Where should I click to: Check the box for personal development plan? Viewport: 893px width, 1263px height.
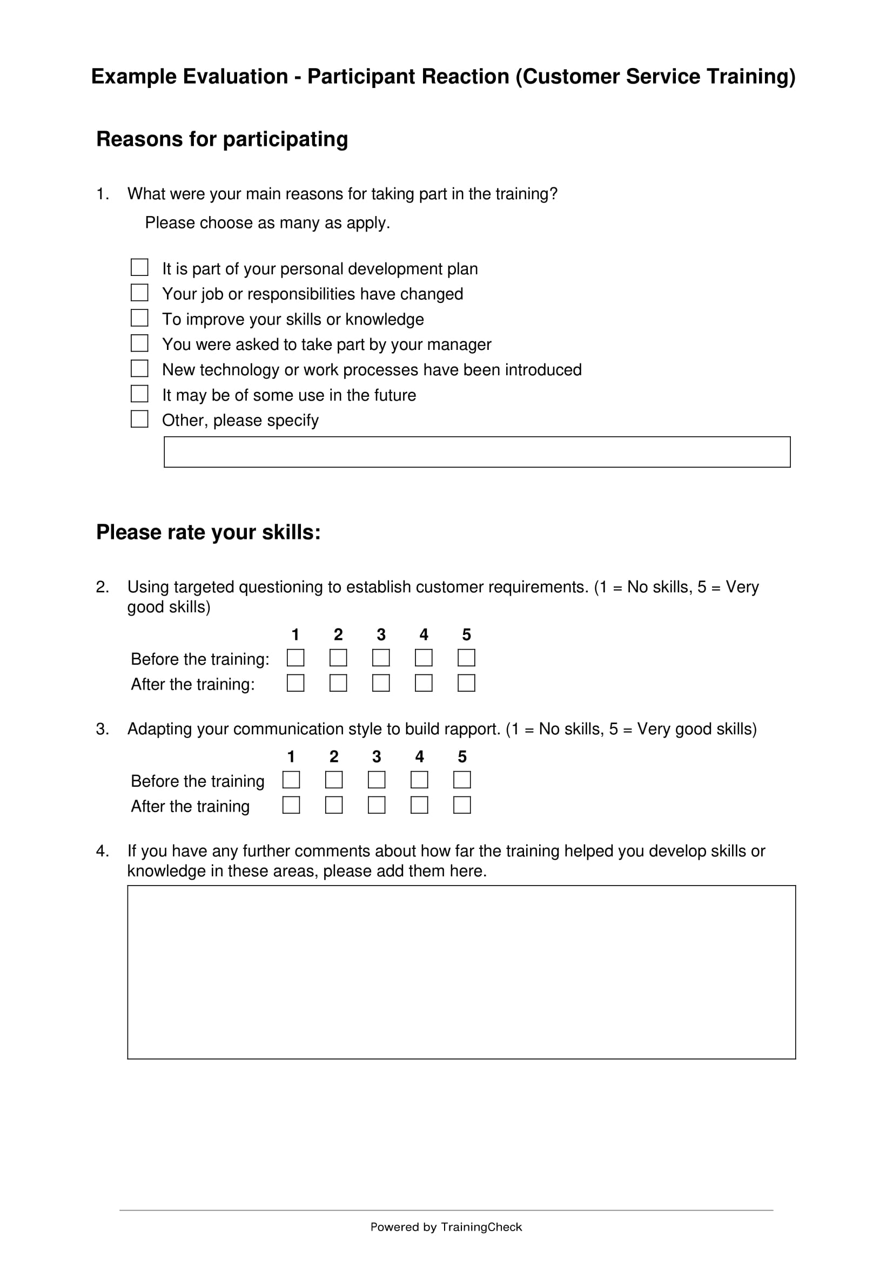pyautogui.click(x=139, y=267)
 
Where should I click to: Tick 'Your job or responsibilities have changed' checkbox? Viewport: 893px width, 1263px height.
pyautogui.click(x=139, y=293)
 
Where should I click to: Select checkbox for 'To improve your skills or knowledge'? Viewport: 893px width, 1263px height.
pyautogui.click(x=139, y=318)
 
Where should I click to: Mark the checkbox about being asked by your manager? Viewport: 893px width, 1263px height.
pyautogui.click(x=139, y=343)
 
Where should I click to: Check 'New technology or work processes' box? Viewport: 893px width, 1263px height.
pyautogui.click(x=139, y=369)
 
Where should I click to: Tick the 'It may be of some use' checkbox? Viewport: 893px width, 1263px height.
pyautogui.click(x=139, y=394)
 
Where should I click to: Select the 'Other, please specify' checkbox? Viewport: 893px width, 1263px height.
pyautogui.click(x=139, y=419)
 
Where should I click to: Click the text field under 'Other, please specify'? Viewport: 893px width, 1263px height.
pyautogui.click(x=476, y=452)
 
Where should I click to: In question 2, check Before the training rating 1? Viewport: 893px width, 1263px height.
pyautogui.click(x=296, y=658)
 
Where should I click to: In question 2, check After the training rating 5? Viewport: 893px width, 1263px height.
pyautogui.click(x=466, y=683)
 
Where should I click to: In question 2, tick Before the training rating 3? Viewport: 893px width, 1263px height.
pyautogui.click(x=381, y=658)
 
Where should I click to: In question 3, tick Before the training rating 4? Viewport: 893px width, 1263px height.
pyautogui.click(x=419, y=780)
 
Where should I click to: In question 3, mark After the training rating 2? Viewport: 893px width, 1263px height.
pyautogui.click(x=334, y=805)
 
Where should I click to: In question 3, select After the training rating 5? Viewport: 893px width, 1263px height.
pyautogui.click(x=462, y=805)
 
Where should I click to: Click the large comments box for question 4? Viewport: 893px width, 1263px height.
pyautogui.click(x=461, y=972)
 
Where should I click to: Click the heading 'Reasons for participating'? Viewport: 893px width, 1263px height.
pyautogui.click(x=221, y=139)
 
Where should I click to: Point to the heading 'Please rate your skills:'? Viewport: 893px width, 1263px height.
pyautogui.click(x=208, y=532)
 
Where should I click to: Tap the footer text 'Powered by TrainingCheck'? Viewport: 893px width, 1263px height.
pyautogui.click(x=446, y=1227)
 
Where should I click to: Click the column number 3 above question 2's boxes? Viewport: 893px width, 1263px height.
pyautogui.click(x=381, y=635)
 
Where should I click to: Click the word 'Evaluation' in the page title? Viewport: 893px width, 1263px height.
pyautogui.click(x=235, y=77)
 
